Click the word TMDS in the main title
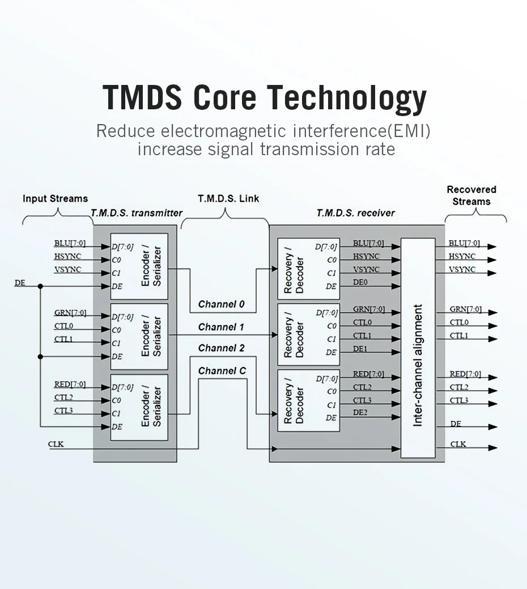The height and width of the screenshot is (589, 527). (x=143, y=97)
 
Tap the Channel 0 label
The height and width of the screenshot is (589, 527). (x=221, y=304)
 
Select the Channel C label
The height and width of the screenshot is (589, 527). (x=222, y=371)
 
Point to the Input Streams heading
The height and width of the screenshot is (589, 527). (x=55, y=199)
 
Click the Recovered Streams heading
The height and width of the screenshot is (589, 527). (x=471, y=195)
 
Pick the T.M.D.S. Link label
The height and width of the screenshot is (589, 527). (x=228, y=199)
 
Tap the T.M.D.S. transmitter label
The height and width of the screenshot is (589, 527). (x=137, y=213)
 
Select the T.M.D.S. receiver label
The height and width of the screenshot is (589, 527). (x=356, y=213)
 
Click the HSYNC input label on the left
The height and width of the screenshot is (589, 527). (x=67, y=257)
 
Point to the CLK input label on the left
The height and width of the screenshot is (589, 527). (x=56, y=444)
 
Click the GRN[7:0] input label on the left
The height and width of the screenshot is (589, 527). (x=70, y=313)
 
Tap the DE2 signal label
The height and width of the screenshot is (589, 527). (x=360, y=413)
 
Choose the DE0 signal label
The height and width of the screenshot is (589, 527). (x=360, y=282)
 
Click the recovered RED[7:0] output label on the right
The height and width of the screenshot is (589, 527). (x=465, y=374)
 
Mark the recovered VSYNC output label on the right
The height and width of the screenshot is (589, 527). (x=462, y=270)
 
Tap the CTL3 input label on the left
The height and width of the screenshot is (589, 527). (x=63, y=411)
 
